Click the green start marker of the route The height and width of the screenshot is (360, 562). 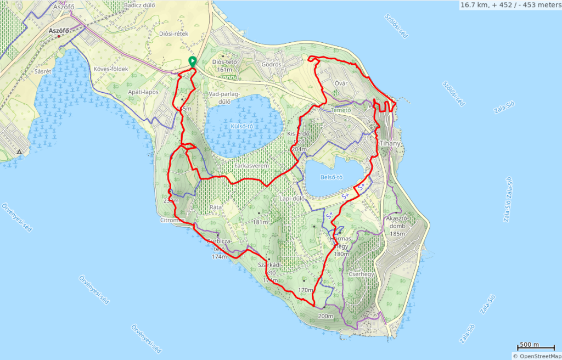point(192,61)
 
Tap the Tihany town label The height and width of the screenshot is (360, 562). point(390,144)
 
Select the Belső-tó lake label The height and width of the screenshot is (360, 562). point(331,177)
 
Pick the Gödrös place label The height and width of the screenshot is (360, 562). point(272,64)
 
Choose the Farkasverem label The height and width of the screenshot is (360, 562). point(250,164)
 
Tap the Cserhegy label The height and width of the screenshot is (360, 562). point(361,273)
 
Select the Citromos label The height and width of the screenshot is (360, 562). point(172,220)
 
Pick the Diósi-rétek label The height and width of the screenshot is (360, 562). point(173,33)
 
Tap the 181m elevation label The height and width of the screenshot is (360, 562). point(260,222)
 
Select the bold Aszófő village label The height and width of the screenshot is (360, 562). point(59,31)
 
